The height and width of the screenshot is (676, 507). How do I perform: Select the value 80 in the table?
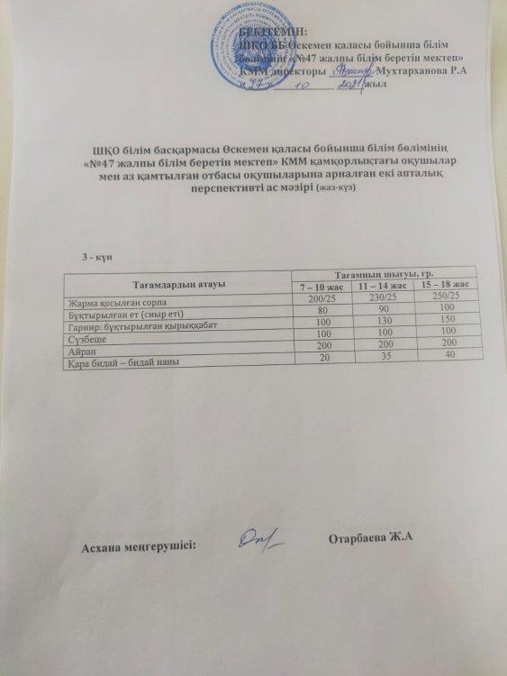pyautogui.click(x=321, y=309)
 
